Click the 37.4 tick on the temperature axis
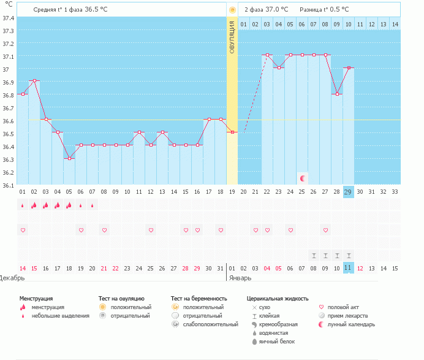click(x=8, y=18)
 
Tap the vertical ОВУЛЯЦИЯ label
click(x=232, y=37)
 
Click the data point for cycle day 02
click(x=34, y=81)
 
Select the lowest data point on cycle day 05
click(x=69, y=158)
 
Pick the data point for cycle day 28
click(x=337, y=94)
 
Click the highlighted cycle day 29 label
click(x=348, y=191)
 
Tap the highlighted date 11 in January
click(x=348, y=268)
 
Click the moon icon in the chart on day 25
click(x=302, y=178)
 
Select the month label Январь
click(x=240, y=278)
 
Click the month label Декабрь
click(x=12, y=278)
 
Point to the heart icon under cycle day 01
click(x=23, y=230)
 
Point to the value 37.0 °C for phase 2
click(x=274, y=10)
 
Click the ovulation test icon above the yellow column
click(x=232, y=10)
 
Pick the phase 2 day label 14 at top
click(x=395, y=24)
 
